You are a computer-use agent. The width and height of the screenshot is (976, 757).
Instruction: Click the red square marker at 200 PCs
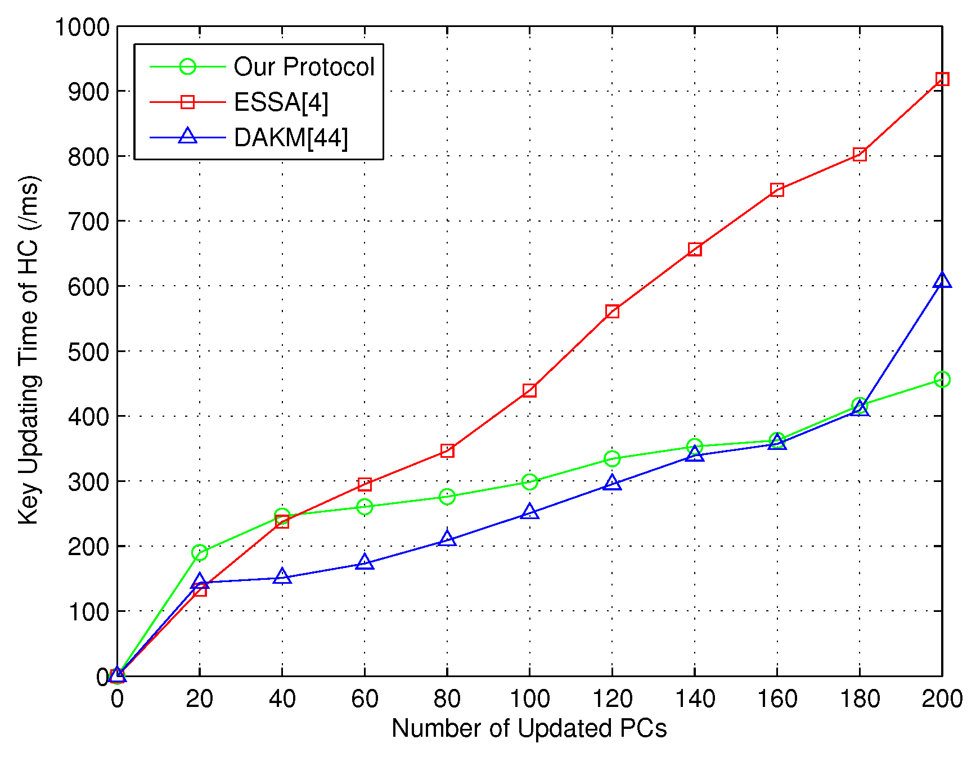pos(942,79)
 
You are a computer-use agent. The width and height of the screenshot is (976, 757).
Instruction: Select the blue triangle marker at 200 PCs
pos(942,281)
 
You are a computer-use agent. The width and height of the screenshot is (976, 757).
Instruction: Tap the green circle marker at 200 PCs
pos(942,380)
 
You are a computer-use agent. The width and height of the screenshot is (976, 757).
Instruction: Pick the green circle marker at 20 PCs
pos(200,552)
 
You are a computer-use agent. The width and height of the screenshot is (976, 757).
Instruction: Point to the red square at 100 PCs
pos(529,390)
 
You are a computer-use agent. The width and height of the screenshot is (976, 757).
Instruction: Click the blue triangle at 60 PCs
pos(365,562)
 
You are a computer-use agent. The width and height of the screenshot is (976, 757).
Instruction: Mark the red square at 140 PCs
pos(695,249)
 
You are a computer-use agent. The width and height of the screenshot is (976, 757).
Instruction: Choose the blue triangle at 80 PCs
pos(447,538)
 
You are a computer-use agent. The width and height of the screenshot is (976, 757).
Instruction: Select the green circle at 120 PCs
pos(612,459)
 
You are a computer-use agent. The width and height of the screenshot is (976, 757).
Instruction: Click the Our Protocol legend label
pos(304,67)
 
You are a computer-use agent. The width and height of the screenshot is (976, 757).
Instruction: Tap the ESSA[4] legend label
pos(281,102)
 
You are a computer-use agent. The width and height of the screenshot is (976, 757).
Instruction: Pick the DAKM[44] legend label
pos(291,138)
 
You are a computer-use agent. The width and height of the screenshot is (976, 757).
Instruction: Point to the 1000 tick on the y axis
pos(82,27)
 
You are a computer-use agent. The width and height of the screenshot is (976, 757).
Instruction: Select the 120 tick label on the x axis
pos(612,699)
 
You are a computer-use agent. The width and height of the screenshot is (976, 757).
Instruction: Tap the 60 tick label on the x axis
pos(365,699)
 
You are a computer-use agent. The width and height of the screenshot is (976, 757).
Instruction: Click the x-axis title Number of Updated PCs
pos(529,728)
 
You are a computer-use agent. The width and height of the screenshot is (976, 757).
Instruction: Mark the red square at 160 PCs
pos(777,190)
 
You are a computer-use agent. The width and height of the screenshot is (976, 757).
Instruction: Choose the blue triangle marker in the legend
pos(187,137)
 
